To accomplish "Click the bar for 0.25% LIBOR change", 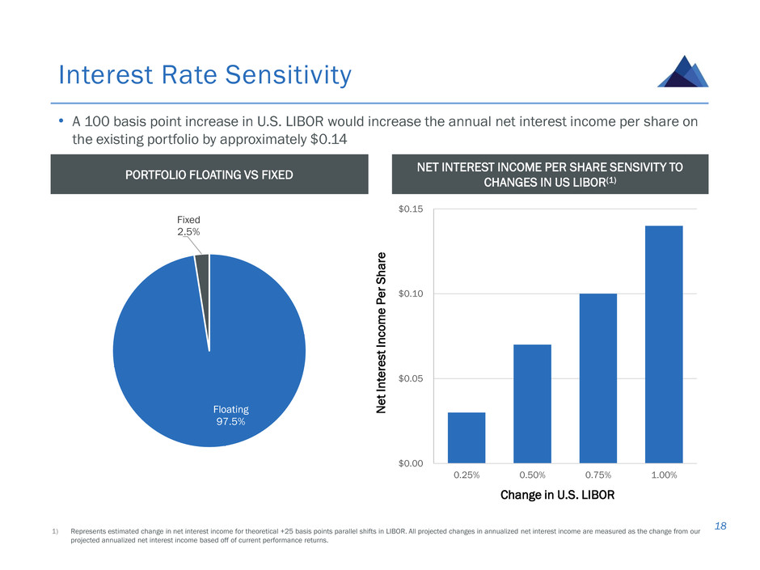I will (x=467, y=437).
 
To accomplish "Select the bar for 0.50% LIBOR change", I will (x=532, y=403).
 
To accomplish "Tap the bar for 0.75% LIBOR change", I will (x=598, y=378).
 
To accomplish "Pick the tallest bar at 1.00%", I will (x=664, y=344).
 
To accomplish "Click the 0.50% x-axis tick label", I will (x=532, y=475).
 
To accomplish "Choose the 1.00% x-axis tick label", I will (x=664, y=475).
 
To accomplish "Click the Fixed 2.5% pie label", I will (x=188, y=226).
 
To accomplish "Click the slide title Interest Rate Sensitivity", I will (x=205, y=75).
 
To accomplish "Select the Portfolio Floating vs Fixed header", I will (x=209, y=175).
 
